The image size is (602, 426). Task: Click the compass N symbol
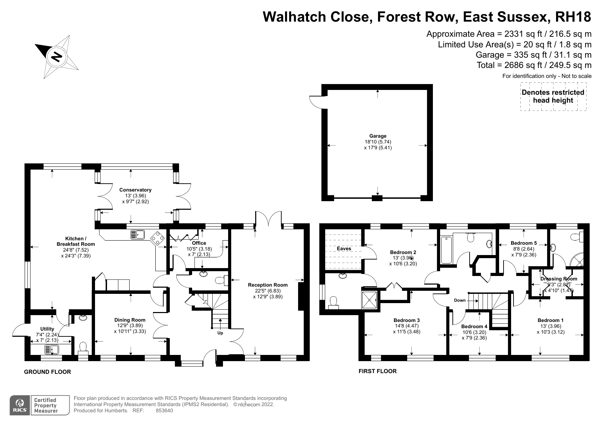pos(57,56)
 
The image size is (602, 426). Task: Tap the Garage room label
pos(378,136)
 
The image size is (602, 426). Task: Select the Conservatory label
pos(135,190)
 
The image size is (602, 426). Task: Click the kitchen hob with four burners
pos(158,238)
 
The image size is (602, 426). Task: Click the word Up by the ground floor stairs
pos(220,333)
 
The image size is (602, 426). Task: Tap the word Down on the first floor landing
pos(460,300)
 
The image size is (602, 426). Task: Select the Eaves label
pos(344,248)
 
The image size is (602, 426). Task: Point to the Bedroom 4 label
pos(474,326)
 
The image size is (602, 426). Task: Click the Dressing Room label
pos(558,279)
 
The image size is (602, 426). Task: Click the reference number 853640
pos(164,410)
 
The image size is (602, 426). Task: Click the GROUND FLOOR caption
pos(47,372)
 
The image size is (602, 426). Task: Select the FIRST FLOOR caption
pos(377,371)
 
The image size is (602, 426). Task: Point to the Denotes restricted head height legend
pos(553,96)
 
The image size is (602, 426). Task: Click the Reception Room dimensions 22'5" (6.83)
pos(268,291)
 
